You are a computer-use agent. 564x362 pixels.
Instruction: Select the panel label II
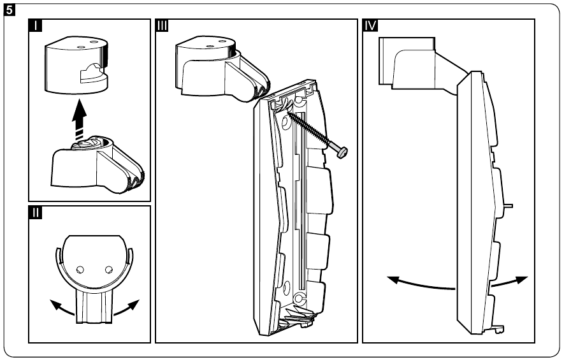click(36, 214)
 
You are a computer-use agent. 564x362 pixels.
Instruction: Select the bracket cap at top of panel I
click(77, 62)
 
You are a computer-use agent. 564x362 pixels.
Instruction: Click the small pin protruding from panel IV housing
click(510, 205)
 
